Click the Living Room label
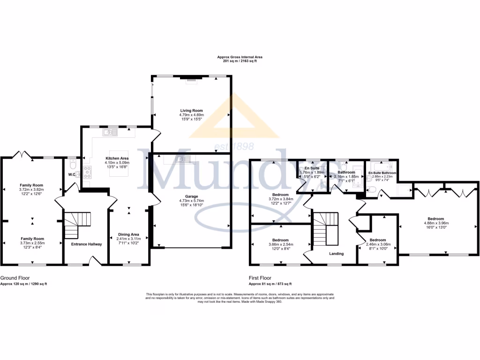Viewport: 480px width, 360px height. [x=191, y=111]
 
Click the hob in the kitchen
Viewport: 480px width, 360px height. [x=87, y=172]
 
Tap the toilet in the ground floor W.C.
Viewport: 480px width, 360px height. [x=72, y=165]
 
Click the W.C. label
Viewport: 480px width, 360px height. [x=72, y=175]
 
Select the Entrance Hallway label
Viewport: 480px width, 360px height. [x=86, y=244]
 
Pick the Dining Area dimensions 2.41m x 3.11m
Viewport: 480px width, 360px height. [x=128, y=239]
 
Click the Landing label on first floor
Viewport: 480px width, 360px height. [x=336, y=254]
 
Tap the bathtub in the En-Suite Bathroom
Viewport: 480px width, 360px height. [x=382, y=166]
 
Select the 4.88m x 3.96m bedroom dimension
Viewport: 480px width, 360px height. [x=435, y=223]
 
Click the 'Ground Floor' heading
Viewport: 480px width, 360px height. [x=14, y=278]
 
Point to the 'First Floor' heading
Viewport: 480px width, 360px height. [x=260, y=278]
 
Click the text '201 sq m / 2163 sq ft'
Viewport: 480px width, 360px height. [x=240, y=61]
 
